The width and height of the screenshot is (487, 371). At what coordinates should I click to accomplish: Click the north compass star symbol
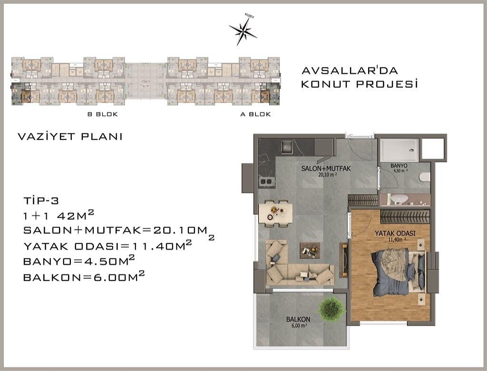click(x=243, y=30)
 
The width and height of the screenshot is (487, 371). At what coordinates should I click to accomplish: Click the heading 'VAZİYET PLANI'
click(x=70, y=137)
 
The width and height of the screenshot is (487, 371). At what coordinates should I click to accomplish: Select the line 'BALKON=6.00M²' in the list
click(x=84, y=276)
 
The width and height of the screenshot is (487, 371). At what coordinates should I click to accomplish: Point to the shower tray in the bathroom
click(x=399, y=150)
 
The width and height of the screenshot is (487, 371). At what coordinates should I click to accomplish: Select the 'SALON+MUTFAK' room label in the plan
click(x=319, y=169)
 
